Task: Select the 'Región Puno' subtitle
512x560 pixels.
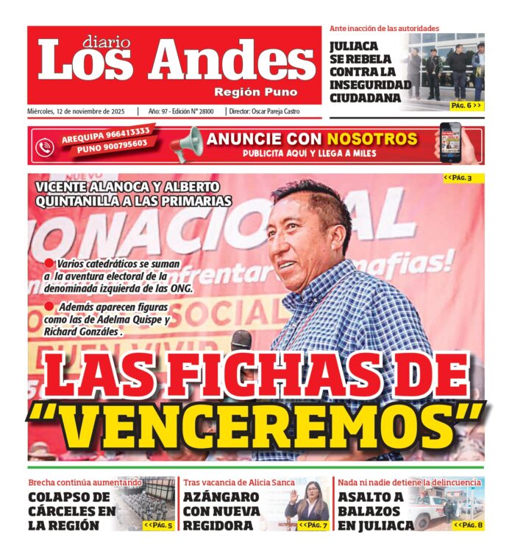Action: [255, 92]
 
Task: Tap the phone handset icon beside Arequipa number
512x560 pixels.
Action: [45, 146]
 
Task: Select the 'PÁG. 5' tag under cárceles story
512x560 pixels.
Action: [158, 525]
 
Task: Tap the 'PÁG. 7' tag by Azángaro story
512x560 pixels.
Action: [313, 525]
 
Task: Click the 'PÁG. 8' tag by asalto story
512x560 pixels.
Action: [468, 525]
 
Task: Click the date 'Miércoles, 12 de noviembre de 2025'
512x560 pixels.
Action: [77, 111]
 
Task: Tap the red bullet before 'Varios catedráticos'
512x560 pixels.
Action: [49, 263]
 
